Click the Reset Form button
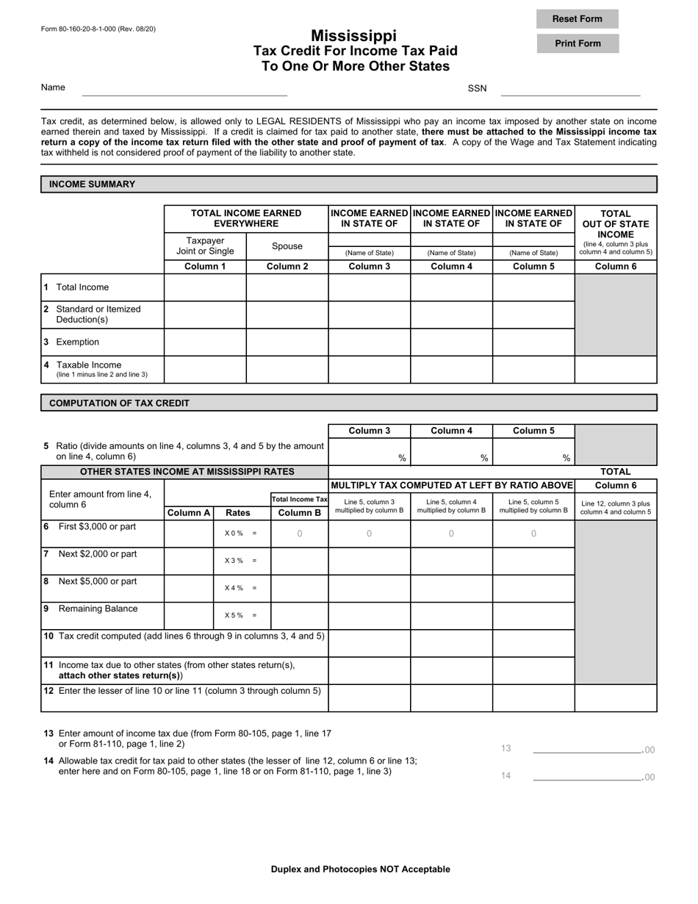(x=577, y=19)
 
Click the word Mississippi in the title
(x=353, y=35)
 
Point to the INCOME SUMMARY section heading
(x=92, y=184)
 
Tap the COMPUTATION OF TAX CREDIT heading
(x=119, y=403)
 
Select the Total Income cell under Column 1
(x=205, y=287)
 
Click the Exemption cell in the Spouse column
(x=287, y=342)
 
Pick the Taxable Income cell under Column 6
(x=615, y=370)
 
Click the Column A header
(x=189, y=513)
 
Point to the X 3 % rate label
(x=241, y=561)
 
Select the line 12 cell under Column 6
(x=615, y=698)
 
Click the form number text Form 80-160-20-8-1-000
(x=98, y=29)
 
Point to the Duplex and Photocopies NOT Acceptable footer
(x=360, y=869)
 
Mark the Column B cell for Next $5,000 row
(x=299, y=588)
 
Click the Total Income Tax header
(x=299, y=499)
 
